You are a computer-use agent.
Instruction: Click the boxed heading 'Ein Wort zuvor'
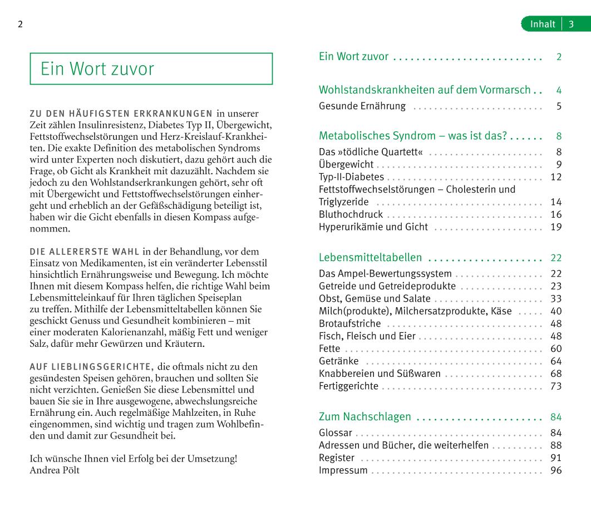click(97, 68)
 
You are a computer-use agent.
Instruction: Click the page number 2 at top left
click(20, 24)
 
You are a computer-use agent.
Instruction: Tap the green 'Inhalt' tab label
click(543, 24)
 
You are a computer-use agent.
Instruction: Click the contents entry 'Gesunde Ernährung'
click(362, 106)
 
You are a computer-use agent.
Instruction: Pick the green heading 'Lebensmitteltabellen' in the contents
click(370, 258)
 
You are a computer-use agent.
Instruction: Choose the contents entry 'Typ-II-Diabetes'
click(351, 177)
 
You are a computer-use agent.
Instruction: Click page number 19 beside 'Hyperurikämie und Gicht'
click(556, 227)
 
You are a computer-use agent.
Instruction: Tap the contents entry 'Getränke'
click(338, 361)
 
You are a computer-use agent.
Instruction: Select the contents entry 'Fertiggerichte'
click(348, 386)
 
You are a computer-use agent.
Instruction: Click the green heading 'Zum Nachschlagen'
click(365, 417)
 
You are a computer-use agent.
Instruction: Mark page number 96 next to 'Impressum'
click(556, 470)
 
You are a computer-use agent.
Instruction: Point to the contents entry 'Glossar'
click(336, 433)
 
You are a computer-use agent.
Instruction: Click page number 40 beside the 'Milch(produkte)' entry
click(556, 311)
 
